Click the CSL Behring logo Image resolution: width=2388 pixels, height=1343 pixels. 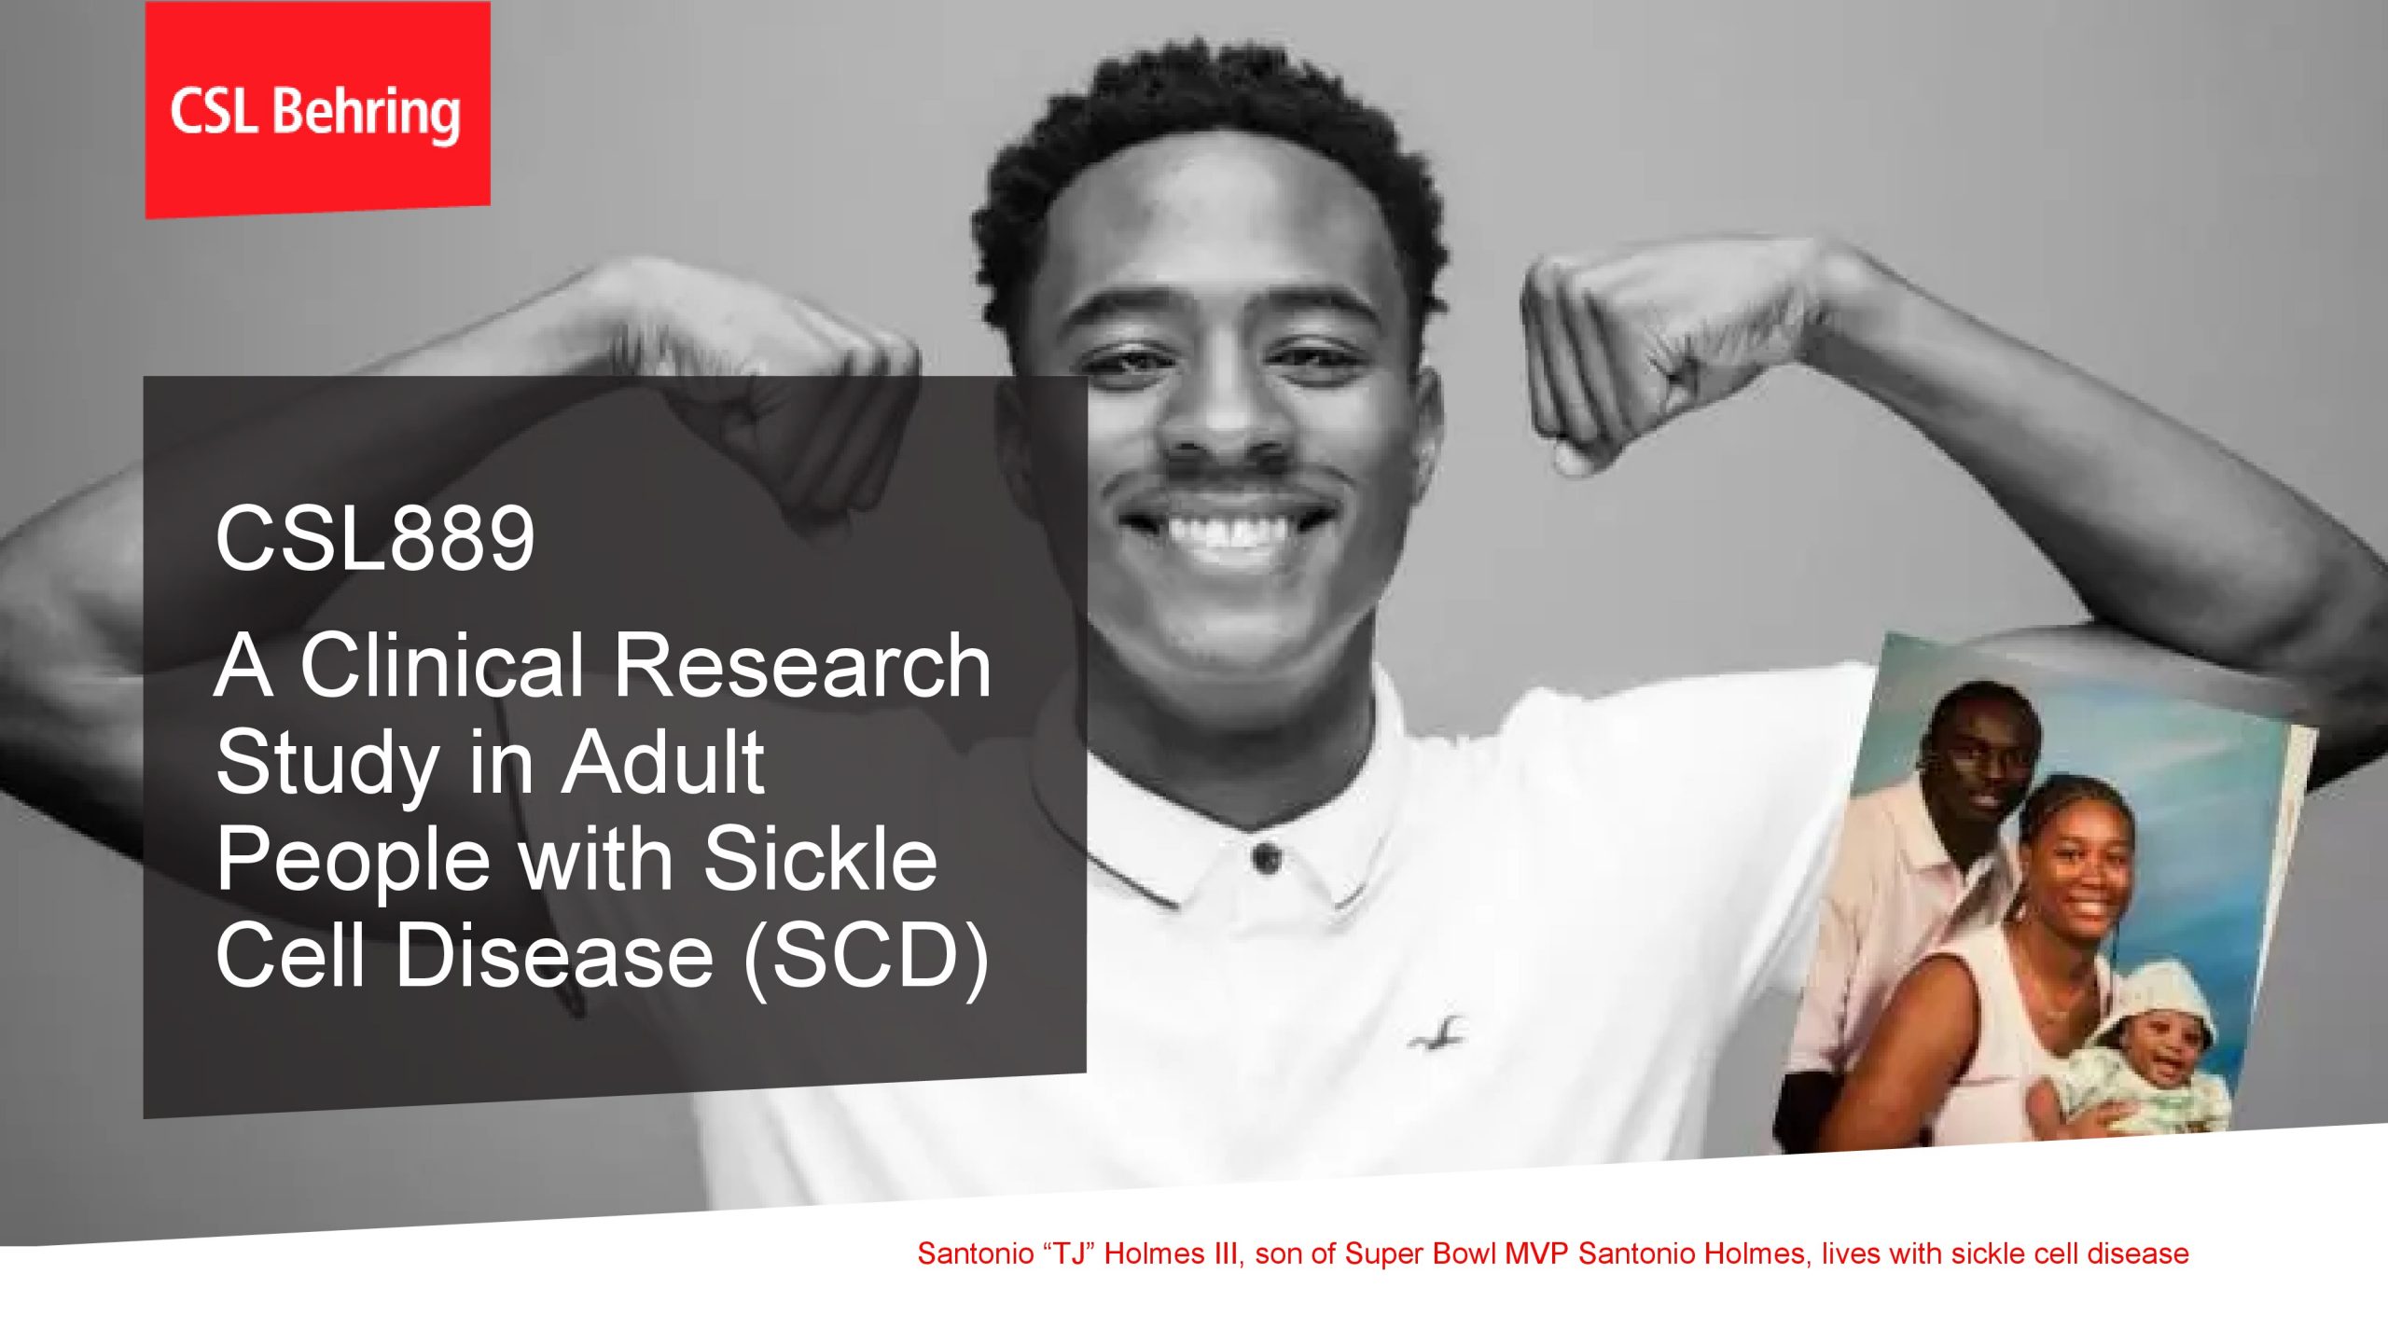pyautogui.click(x=316, y=111)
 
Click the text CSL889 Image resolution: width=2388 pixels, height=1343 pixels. pyautogui.click(x=375, y=538)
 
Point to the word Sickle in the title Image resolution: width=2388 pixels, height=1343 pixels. pyautogui.click(x=820, y=859)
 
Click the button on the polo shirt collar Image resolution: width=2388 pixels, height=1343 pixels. pyautogui.click(x=1265, y=857)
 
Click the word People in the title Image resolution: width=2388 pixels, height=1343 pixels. pyautogui.click(x=353, y=859)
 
